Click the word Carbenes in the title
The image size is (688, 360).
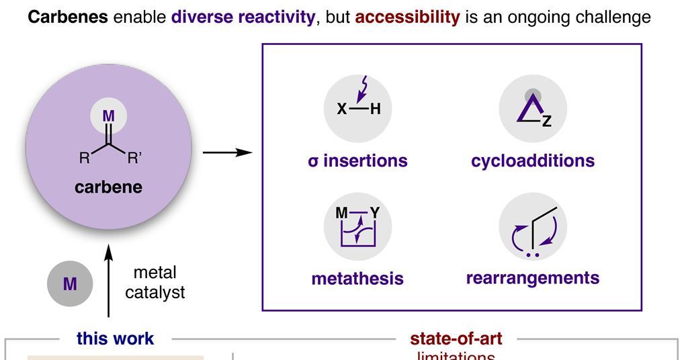(x=67, y=17)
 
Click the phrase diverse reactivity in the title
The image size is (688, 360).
(x=243, y=17)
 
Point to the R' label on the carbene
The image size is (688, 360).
(x=134, y=159)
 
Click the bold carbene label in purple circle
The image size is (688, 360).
(x=109, y=187)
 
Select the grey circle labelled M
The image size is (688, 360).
(x=69, y=284)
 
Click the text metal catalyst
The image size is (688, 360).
(x=155, y=283)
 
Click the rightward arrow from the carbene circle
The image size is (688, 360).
(x=227, y=152)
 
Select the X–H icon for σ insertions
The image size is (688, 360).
(x=357, y=108)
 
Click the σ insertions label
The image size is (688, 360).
(x=357, y=161)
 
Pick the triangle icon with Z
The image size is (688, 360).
(x=533, y=108)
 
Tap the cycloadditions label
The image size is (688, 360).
(x=533, y=161)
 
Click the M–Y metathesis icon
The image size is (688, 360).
(x=357, y=227)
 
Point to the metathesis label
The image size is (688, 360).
(x=357, y=279)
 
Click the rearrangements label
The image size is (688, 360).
(x=533, y=278)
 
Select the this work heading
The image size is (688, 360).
(x=116, y=339)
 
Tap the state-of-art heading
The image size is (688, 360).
(x=456, y=339)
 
